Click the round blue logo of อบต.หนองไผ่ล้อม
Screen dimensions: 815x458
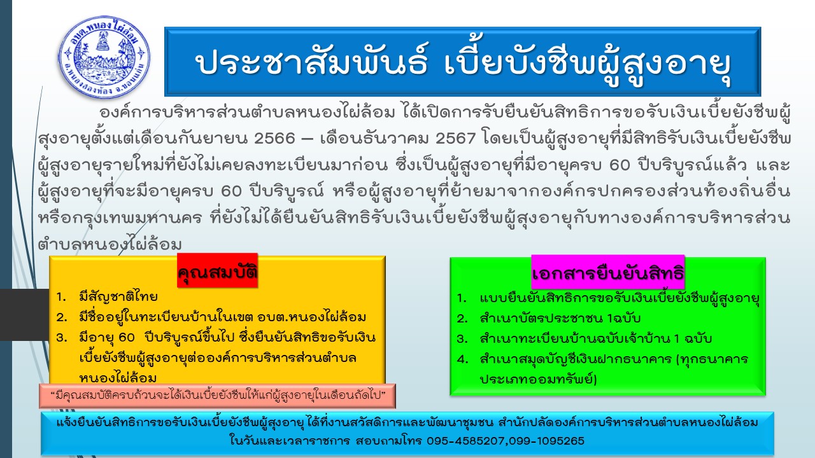pyautogui.click(x=104, y=57)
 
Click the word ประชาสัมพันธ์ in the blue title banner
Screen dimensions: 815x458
pyautogui.click(x=312, y=62)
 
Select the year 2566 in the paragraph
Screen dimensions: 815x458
pyautogui.click(x=274, y=139)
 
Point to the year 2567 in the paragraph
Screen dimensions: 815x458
pyautogui.click(x=455, y=139)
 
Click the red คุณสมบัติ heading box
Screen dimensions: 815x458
pyautogui.click(x=218, y=271)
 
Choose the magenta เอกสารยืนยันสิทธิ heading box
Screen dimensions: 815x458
pyautogui.click(x=608, y=273)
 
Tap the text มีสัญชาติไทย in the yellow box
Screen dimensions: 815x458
pyautogui.click(x=118, y=296)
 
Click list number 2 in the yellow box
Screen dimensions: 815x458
pyautogui.click(x=62, y=317)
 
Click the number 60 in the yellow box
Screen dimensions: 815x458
pyautogui.click(x=127, y=338)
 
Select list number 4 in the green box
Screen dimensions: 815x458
pyautogui.click(x=462, y=359)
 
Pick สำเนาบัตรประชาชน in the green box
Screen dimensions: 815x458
pyautogui.click(x=541, y=318)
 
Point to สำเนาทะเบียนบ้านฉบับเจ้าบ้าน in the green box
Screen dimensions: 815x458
pyautogui.click(x=575, y=338)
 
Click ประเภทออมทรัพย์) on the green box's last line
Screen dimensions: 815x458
pyautogui.click(x=539, y=379)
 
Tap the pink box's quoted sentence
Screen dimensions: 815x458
pyautogui.click(x=218, y=396)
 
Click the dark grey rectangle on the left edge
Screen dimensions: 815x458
pyautogui.click(x=24, y=315)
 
